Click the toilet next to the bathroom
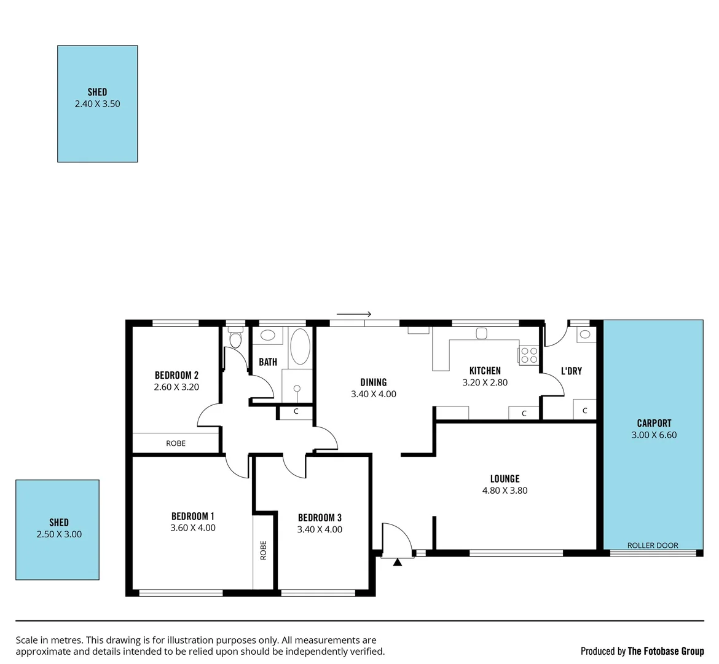pos(235,339)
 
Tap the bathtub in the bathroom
pos(301,347)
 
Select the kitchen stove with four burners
pos(528,355)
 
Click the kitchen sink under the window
pos(481,333)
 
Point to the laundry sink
pos(584,334)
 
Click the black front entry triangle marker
pos(398,561)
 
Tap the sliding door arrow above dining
pos(353,314)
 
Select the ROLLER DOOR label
pos(653,545)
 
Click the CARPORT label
pos(654,423)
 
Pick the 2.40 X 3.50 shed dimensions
pos(97,104)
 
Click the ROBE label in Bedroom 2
pos(176,443)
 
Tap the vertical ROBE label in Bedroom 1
pos(264,549)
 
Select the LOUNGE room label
pos(505,478)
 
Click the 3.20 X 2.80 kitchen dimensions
pos(485,382)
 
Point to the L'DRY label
pos(571,371)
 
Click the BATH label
pos(268,362)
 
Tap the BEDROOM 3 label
pos(320,518)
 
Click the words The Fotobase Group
pos(666,651)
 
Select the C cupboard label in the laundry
pos(585,411)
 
